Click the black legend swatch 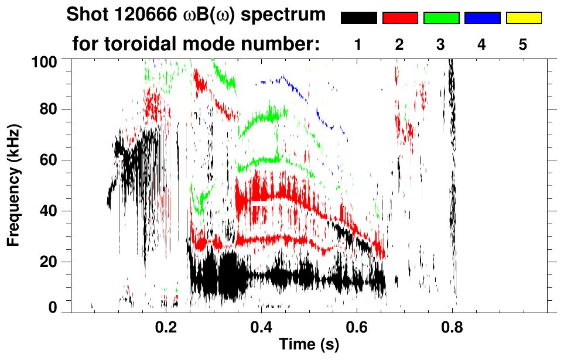(358, 18)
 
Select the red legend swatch (399, 18)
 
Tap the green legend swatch (440, 18)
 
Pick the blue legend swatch (482, 18)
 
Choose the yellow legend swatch (523, 18)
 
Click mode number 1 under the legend (358, 44)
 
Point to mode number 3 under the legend (440, 44)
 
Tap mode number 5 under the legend (523, 44)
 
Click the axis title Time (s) (308, 344)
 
